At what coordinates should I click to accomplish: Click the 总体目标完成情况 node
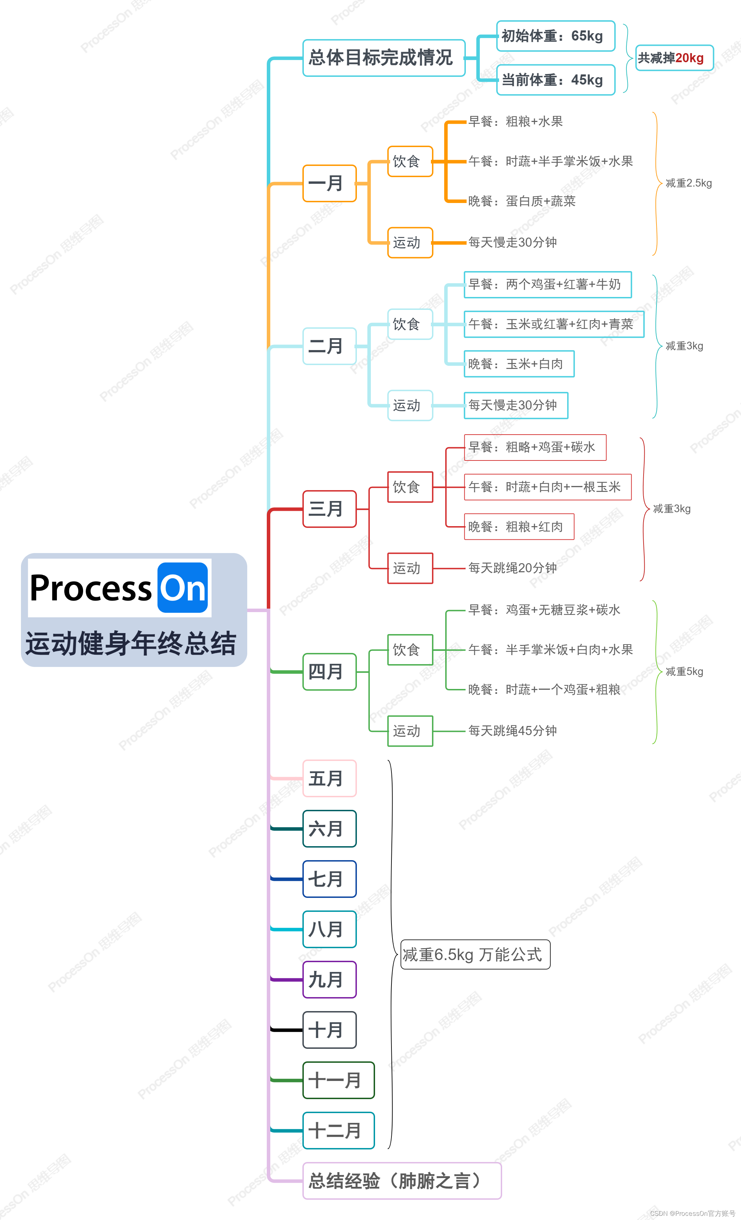[384, 58]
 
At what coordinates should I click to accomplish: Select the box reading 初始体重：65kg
[555, 36]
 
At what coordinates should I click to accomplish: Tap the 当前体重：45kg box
[555, 80]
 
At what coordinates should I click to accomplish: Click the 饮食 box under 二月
[410, 324]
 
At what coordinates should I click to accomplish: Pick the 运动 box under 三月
[410, 568]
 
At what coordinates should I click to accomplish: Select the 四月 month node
[329, 672]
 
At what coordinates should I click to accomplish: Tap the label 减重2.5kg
[689, 183]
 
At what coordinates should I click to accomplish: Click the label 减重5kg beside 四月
[684, 671]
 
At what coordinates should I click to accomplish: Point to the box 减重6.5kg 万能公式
[475, 954]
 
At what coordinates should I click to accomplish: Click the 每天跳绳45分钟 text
[512, 731]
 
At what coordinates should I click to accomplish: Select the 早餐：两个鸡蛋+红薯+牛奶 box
[548, 285]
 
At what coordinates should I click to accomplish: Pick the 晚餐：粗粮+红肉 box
[519, 527]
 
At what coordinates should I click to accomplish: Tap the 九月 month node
[329, 979]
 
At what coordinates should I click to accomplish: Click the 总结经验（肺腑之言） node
[402, 1181]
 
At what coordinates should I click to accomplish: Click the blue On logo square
[182, 588]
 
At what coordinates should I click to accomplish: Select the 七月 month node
[329, 879]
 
